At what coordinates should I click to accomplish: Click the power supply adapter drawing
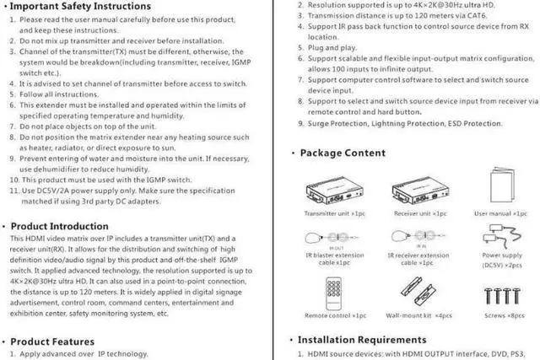point(503,235)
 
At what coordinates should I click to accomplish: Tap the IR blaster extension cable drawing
point(336,237)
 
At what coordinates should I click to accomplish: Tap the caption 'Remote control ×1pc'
point(335,315)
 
